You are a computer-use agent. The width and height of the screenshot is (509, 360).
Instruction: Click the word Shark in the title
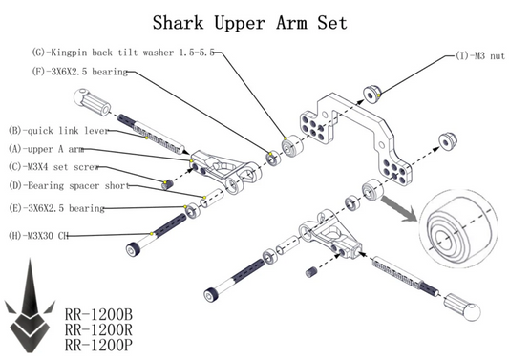click(x=179, y=23)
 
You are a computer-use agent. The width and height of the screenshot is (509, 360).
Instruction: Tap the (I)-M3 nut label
click(x=480, y=55)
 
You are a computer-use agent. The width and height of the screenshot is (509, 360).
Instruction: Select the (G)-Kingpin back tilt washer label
click(x=123, y=53)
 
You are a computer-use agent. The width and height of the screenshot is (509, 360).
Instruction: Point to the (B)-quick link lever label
click(x=58, y=131)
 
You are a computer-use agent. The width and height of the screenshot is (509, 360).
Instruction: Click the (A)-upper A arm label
click(x=46, y=149)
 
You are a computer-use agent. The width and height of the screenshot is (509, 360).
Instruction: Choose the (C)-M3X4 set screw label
click(x=53, y=167)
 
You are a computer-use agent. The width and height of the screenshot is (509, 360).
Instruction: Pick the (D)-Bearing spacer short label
click(x=69, y=185)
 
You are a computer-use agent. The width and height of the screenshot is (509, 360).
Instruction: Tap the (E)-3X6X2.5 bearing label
click(x=56, y=208)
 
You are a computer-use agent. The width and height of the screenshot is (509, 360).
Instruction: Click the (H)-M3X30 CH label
click(x=38, y=235)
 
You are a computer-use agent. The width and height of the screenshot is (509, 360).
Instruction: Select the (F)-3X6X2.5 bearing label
click(x=80, y=72)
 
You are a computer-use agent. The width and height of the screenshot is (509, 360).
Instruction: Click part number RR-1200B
click(x=98, y=314)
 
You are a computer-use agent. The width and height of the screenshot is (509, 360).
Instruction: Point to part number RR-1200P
click(x=98, y=345)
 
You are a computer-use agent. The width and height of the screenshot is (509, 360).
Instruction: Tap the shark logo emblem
click(x=30, y=308)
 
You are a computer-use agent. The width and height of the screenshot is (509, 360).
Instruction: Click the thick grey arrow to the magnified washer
click(x=398, y=208)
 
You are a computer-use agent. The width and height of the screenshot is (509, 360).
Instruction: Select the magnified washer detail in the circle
click(x=458, y=228)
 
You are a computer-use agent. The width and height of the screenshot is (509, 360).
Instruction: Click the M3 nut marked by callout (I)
click(x=371, y=95)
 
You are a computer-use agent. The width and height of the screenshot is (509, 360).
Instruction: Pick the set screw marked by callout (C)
click(x=167, y=185)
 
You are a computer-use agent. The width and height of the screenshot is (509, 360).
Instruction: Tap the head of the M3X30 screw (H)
click(x=133, y=249)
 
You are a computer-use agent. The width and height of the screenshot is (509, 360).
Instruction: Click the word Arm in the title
click(x=291, y=23)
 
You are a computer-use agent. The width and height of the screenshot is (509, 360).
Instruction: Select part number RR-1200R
click(x=98, y=329)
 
